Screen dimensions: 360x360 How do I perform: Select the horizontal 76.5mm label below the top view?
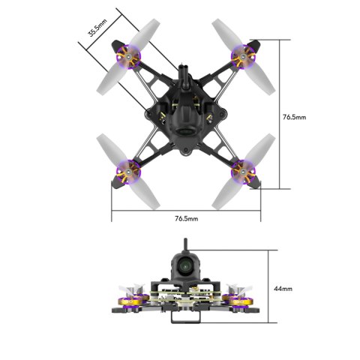pyautogui.click(x=187, y=218)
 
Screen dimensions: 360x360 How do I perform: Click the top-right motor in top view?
pyautogui.click(x=243, y=55)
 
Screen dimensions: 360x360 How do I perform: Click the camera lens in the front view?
pyautogui.click(x=185, y=264)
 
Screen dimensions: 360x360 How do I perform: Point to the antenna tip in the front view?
pyautogui.click(x=184, y=242)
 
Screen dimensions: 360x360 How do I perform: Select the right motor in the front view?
pyautogui.click(x=241, y=304)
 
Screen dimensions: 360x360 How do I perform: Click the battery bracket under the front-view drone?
pyautogui.click(x=184, y=318)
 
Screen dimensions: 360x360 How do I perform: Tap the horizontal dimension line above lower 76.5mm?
pyautogui.click(x=187, y=210)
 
